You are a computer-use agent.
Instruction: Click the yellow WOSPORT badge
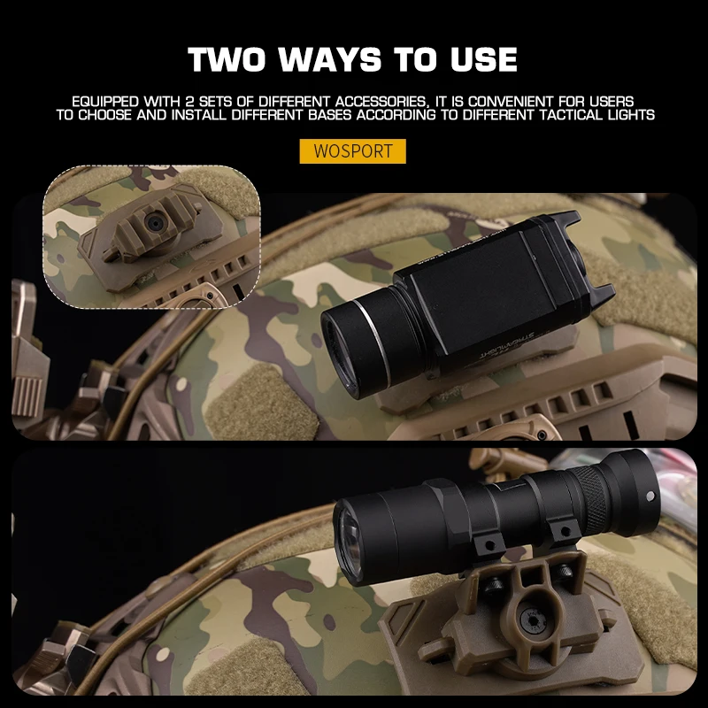coord(352,150)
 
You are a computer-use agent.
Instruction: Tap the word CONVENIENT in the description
coord(502,102)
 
